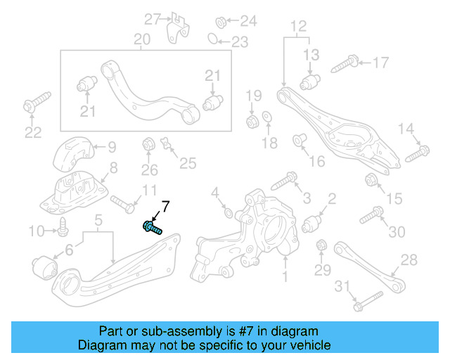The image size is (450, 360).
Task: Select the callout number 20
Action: point(141,39)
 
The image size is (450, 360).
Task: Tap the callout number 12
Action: point(298,26)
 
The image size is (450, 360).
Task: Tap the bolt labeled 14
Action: point(416,151)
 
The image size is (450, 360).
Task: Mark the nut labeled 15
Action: point(373,184)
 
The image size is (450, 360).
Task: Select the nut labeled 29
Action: point(321,246)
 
